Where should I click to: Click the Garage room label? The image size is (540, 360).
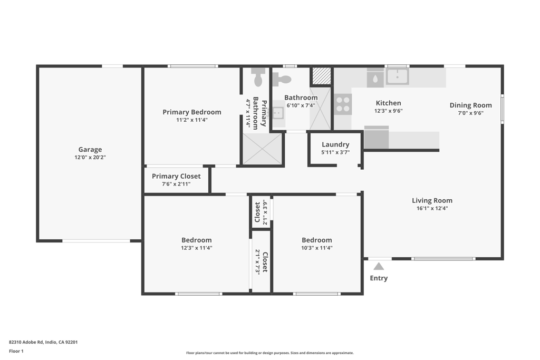click(x=90, y=150)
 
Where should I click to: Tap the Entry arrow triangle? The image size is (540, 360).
click(x=379, y=266)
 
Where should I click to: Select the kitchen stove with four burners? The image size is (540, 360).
click(x=343, y=104)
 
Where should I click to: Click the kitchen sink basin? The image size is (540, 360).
click(x=397, y=76)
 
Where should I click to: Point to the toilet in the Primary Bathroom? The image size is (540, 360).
click(x=258, y=77)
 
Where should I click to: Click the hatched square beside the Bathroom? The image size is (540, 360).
click(x=321, y=76)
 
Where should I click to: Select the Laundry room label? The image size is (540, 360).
click(x=335, y=144)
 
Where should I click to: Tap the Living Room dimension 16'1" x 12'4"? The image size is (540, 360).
click(x=432, y=208)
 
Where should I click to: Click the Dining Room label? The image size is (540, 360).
click(x=470, y=105)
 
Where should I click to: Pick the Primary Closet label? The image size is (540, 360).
click(x=176, y=176)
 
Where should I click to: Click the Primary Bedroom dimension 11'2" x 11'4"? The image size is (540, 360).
click(x=192, y=120)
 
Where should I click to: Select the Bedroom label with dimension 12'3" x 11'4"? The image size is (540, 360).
click(x=196, y=240)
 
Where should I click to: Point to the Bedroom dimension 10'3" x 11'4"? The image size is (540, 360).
click(x=316, y=248)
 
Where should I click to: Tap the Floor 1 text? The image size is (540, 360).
click(x=16, y=351)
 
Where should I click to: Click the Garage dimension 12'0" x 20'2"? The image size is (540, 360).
click(x=90, y=157)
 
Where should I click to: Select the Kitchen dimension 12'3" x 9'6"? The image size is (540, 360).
click(x=388, y=111)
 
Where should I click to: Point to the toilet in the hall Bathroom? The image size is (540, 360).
click(x=283, y=80)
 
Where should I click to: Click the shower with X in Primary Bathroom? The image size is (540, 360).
click(x=262, y=149)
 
